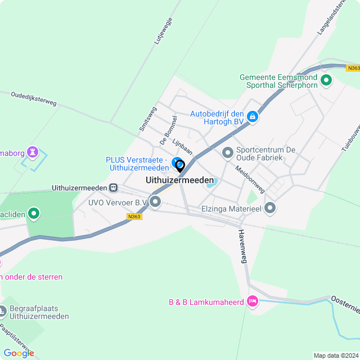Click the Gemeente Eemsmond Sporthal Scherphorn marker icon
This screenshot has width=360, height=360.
click(x=326, y=82)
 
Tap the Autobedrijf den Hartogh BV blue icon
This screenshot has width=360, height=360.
click(x=253, y=117)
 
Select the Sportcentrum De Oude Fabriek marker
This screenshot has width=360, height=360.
click(x=228, y=152)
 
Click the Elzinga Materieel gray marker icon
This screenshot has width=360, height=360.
click(x=271, y=208)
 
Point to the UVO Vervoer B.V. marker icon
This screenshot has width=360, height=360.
click(x=155, y=201)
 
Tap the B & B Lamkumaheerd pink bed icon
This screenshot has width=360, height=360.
click(x=253, y=301)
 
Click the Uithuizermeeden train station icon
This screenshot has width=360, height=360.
click(x=114, y=187)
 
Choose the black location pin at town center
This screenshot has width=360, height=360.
click(x=180, y=166)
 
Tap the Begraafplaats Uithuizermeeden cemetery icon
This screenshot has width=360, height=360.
click(x=4, y=310)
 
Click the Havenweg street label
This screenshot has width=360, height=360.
click(x=243, y=246)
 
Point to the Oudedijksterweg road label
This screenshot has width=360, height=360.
click(x=34, y=98)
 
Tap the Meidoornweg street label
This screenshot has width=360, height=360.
click(x=250, y=179)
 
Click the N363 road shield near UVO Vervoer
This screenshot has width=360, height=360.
click(x=134, y=216)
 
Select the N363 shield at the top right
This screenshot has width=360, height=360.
click(x=353, y=68)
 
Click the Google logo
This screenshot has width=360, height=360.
click(x=19, y=353)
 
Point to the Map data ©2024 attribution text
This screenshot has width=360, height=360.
click(x=336, y=355)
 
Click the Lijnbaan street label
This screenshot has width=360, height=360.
click(x=182, y=147)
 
